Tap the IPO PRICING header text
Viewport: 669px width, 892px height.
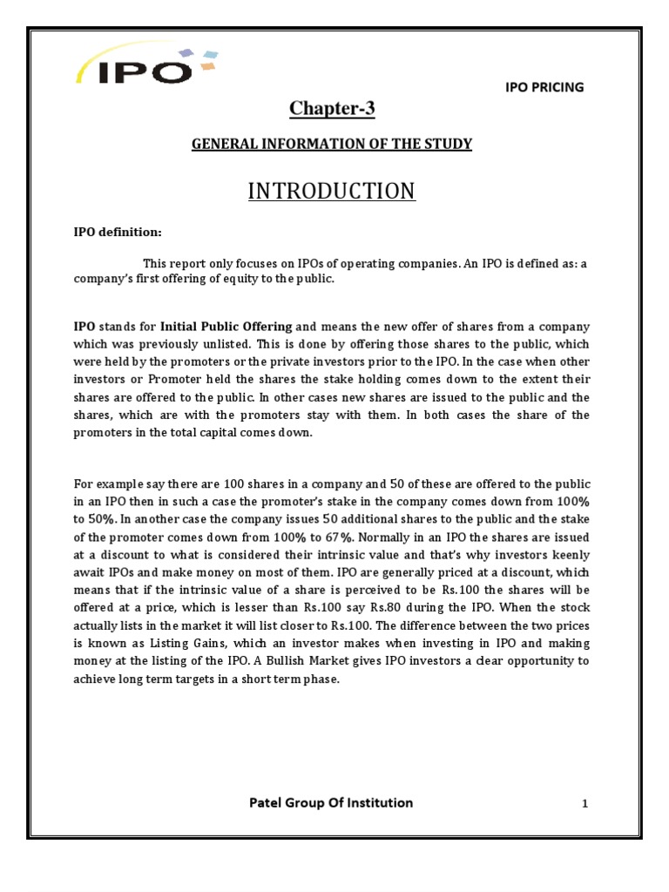545,87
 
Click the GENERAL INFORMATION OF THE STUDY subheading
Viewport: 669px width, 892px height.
331,144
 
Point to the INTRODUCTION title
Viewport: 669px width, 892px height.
331,191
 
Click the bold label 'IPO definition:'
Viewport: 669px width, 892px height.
117,233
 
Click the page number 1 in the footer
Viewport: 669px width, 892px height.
585,805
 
